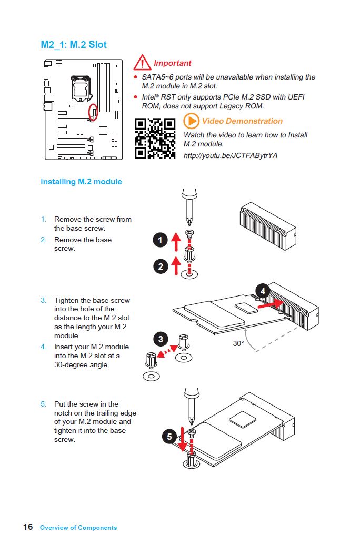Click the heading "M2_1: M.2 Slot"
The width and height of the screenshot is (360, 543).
pyautogui.click(x=74, y=45)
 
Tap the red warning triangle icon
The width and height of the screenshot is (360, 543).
pyautogui.click(x=142, y=63)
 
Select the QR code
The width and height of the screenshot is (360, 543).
pyautogui.click(x=155, y=138)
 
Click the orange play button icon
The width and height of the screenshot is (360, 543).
pyautogui.click(x=191, y=121)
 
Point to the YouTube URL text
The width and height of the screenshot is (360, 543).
pyautogui.click(x=230, y=155)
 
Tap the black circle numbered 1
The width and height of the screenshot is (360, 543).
pyautogui.click(x=161, y=241)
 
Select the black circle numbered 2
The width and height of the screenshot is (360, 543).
pyautogui.click(x=161, y=266)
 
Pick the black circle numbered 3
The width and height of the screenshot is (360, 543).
pyautogui.click(x=161, y=339)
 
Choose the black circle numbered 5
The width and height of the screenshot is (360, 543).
pyautogui.click(x=169, y=437)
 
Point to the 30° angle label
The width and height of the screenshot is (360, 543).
pyautogui.click(x=238, y=343)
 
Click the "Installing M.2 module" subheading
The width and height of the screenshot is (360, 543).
pyautogui.click(x=81, y=182)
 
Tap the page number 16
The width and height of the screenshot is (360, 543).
pyautogui.click(x=28, y=527)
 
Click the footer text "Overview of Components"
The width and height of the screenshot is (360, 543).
pyautogui.click(x=78, y=527)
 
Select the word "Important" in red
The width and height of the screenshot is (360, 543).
pyautogui.click(x=173, y=63)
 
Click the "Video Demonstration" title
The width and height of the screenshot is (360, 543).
pyautogui.click(x=242, y=121)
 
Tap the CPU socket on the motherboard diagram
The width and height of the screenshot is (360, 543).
pyautogui.click(x=79, y=85)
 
